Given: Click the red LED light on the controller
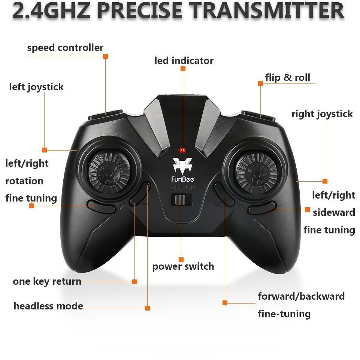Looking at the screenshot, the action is click(x=182, y=150).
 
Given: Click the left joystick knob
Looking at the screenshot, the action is click(x=109, y=173).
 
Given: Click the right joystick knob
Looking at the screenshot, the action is click(x=257, y=173).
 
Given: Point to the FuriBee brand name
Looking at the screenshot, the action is click(x=183, y=179).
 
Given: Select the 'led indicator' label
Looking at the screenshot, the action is click(x=184, y=61).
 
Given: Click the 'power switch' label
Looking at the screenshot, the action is click(x=183, y=267).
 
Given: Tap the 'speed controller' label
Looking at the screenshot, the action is click(x=65, y=48).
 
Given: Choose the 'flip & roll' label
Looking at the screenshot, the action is click(x=288, y=78).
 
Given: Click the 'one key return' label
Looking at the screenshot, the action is click(x=47, y=281).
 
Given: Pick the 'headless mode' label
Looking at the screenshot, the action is click(x=48, y=306).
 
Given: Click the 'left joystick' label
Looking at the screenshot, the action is click(x=36, y=87).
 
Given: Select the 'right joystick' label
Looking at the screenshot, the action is click(x=322, y=114).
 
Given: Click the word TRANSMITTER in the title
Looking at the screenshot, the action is click(x=267, y=11).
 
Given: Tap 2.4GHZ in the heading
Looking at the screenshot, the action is click(x=51, y=11).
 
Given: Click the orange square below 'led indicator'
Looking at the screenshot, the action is click(x=183, y=69).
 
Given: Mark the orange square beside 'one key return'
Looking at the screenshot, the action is click(x=135, y=282).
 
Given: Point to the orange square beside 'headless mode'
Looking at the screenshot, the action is click(x=147, y=308).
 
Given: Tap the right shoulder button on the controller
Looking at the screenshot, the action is click(x=258, y=116).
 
